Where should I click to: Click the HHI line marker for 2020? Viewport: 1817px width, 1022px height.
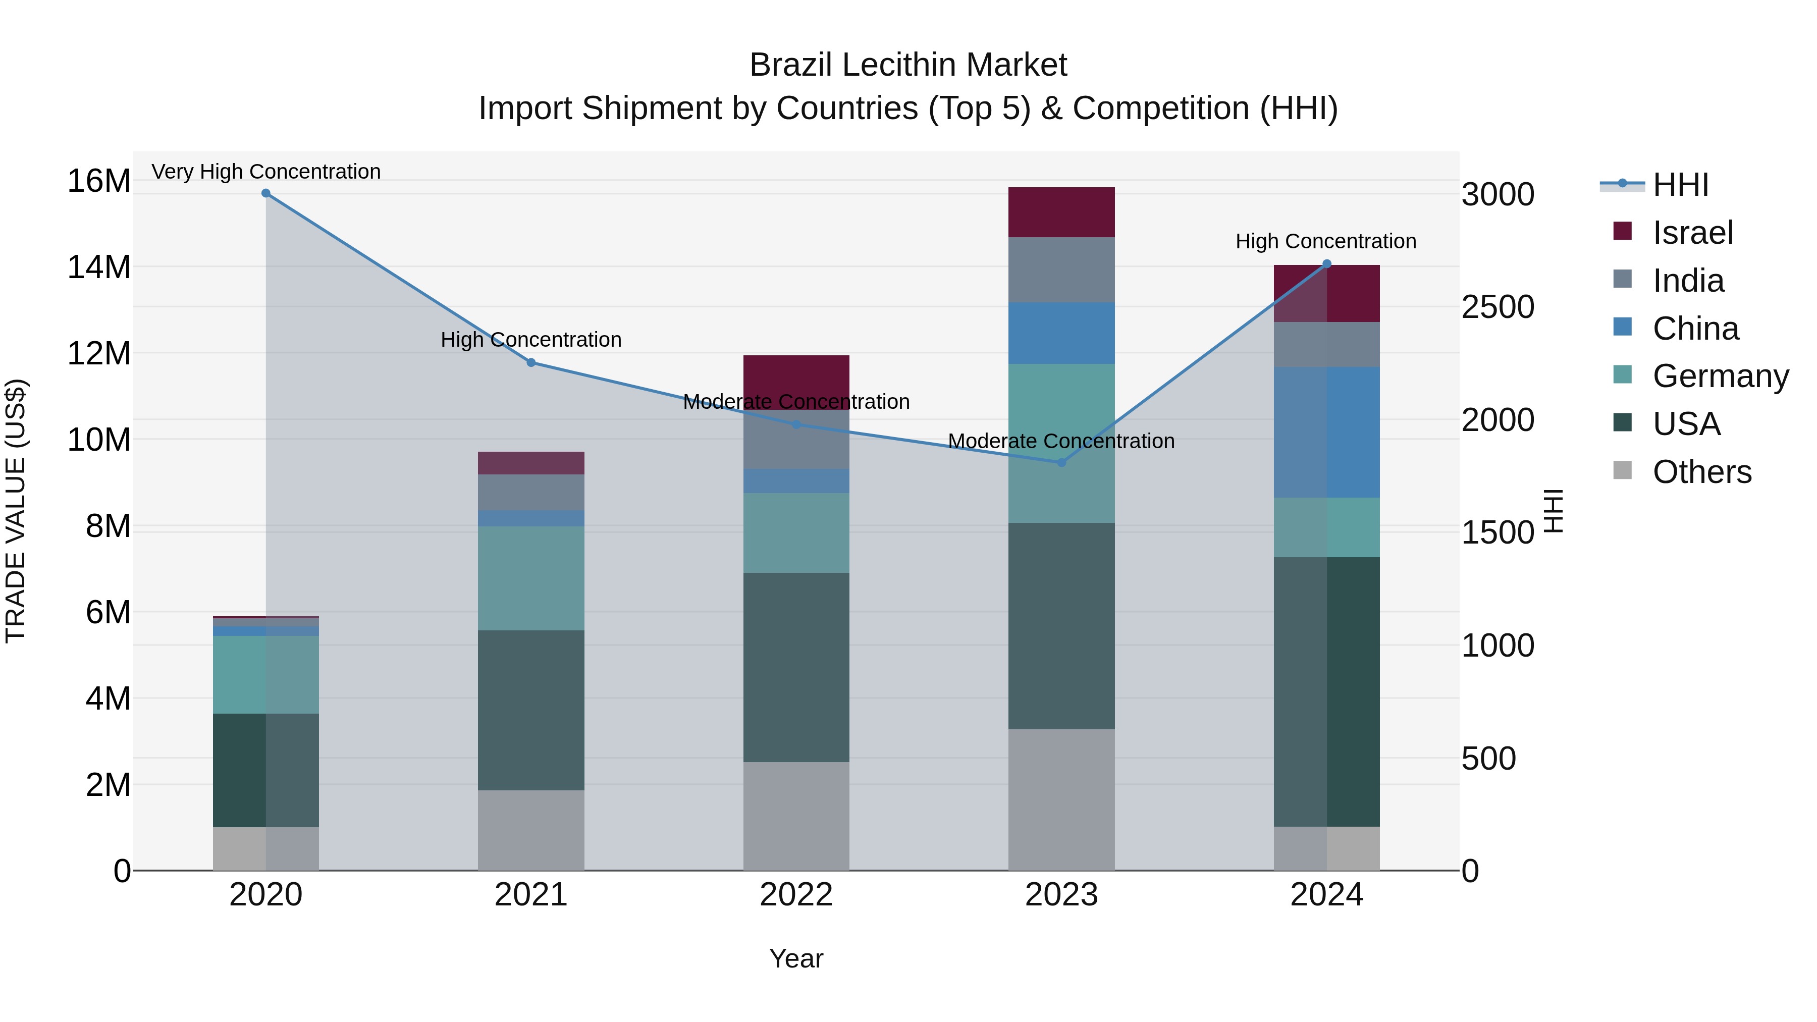(x=266, y=193)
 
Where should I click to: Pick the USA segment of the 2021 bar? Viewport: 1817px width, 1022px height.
(x=530, y=710)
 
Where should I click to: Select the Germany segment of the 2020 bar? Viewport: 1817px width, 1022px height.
(x=266, y=674)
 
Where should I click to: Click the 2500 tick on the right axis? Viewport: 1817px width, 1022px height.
(x=1498, y=307)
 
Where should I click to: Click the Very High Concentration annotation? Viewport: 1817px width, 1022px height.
(x=266, y=172)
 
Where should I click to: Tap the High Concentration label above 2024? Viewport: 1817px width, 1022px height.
(x=1325, y=241)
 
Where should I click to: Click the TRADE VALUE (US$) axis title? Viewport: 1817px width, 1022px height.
(x=16, y=511)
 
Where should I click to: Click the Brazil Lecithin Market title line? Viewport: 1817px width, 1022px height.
(x=908, y=65)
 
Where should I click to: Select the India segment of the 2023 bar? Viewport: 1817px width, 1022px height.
(x=1061, y=270)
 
